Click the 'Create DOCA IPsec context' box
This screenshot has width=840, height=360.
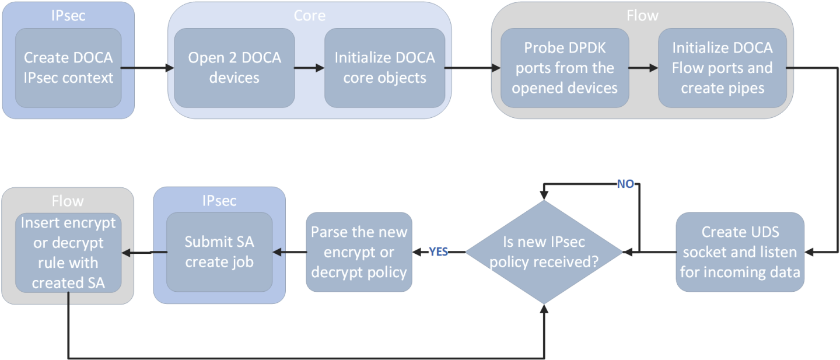[x=68, y=68]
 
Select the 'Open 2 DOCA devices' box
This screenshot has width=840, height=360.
[x=234, y=68]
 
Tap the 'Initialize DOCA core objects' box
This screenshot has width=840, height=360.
[x=384, y=68]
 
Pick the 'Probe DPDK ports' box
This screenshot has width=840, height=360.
[x=564, y=68]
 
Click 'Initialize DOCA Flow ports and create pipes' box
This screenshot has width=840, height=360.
[x=722, y=68]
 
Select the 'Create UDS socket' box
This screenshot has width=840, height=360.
[x=740, y=252]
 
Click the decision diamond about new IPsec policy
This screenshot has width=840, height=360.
[x=544, y=252]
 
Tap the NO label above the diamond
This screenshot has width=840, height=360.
[x=625, y=184]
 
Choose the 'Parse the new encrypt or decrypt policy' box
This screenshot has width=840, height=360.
[x=359, y=252]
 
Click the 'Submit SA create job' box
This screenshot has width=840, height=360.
[x=219, y=252]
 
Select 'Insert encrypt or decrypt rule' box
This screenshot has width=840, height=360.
[x=68, y=252]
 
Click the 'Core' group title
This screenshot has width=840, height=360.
[x=309, y=15]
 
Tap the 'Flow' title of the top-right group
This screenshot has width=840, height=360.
[x=642, y=16]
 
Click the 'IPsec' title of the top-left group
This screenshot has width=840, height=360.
[x=68, y=16]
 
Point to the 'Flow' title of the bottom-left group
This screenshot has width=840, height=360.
[x=68, y=201]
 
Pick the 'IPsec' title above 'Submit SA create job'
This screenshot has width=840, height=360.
[x=219, y=201]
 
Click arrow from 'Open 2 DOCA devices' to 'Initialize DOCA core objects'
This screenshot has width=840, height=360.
[x=309, y=68]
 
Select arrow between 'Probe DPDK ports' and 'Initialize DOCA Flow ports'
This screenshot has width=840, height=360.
[x=643, y=68]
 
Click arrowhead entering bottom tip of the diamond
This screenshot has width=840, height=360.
[x=544, y=310]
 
